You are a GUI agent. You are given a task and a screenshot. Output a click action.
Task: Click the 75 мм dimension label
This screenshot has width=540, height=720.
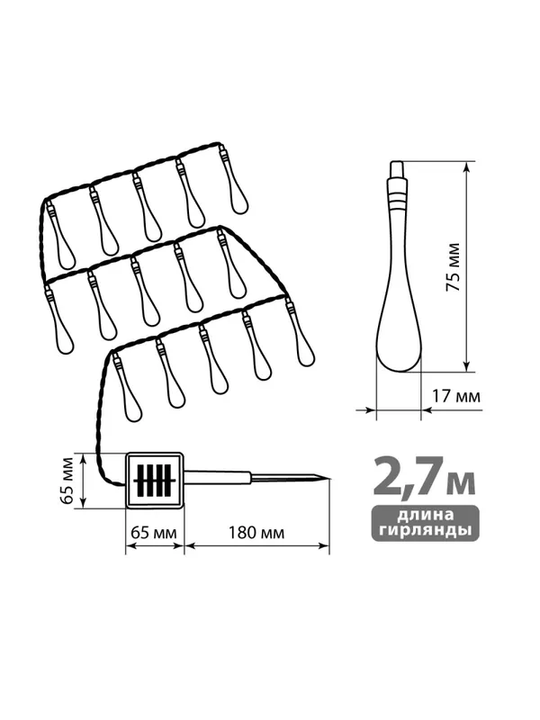pyautogui.click(x=453, y=266)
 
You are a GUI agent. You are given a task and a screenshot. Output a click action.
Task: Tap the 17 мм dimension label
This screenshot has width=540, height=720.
pyautogui.click(x=456, y=395)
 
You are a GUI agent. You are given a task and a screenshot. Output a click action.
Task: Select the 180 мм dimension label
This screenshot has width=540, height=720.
pyautogui.click(x=256, y=533)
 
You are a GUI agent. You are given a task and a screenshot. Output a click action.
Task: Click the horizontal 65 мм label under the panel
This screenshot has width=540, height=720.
pyautogui.click(x=154, y=533)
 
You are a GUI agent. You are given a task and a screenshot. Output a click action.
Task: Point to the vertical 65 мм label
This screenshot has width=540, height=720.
pyautogui.click(x=67, y=481)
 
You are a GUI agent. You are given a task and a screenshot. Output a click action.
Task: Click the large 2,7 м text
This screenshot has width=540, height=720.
pyautogui.click(x=424, y=477)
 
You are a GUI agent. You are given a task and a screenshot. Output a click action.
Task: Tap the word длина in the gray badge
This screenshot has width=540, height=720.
pyautogui.click(x=425, y=515)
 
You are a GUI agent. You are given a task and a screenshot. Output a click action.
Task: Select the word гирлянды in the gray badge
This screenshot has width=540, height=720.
pyautogui.click(x=425, y=530)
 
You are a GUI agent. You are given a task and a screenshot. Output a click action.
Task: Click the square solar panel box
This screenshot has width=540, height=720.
pyautogui.click(x=155, y=481)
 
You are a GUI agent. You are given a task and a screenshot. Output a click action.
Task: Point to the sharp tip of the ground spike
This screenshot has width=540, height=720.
pyautogui.click(x=329, y=479)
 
